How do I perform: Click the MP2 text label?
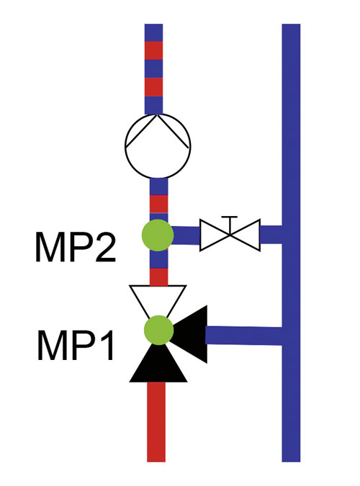tap(76, 248)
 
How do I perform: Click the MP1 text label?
tap(76, 345)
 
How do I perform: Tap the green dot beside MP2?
tap(158, 235)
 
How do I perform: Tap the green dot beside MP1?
tap(158, 330)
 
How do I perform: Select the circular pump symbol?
tap(158, 145)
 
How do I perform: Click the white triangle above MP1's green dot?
tap(158, 299)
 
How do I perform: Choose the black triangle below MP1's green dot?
tap(158, 366)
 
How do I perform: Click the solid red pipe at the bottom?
tap(156, 422)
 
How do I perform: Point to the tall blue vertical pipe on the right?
tap(291, 243)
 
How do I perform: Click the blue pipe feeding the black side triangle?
tap(244, 336)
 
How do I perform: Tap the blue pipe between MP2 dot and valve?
tap(186, 235)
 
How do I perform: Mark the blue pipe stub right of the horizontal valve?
tap(271, 235)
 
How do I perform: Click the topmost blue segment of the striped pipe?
tap(154, 32)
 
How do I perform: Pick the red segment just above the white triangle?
tap(158, 276)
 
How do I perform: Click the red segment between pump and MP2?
tap(158, 204)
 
